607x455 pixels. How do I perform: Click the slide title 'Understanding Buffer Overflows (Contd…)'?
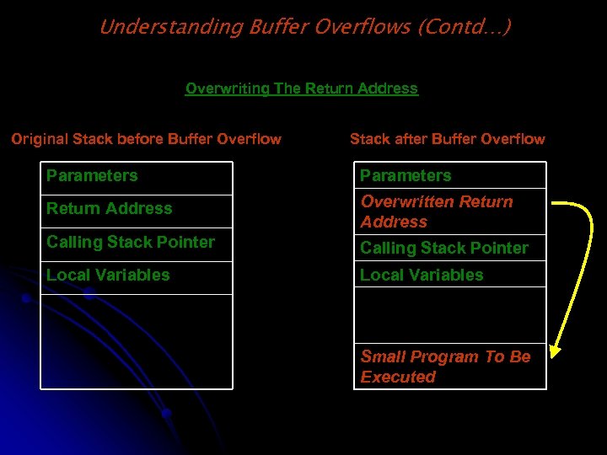click(x=304, y=27)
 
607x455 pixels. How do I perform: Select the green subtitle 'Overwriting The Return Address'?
click(x=301, y=88)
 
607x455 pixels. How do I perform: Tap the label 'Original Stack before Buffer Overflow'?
click(x=146, y=139)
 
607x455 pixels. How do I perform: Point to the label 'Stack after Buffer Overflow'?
click(x=447, y=139)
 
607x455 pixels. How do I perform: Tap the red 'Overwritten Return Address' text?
click(x=436, y=211)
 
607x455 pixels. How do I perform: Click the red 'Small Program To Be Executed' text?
click(x=445, y=367)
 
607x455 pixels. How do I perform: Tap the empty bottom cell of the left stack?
click(x=137, y=341)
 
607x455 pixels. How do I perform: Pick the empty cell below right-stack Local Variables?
click(x=449, y=314)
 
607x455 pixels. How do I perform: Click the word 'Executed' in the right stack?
click(x=398, y=377)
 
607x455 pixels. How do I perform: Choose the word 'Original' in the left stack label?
click(x=40, y=139)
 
